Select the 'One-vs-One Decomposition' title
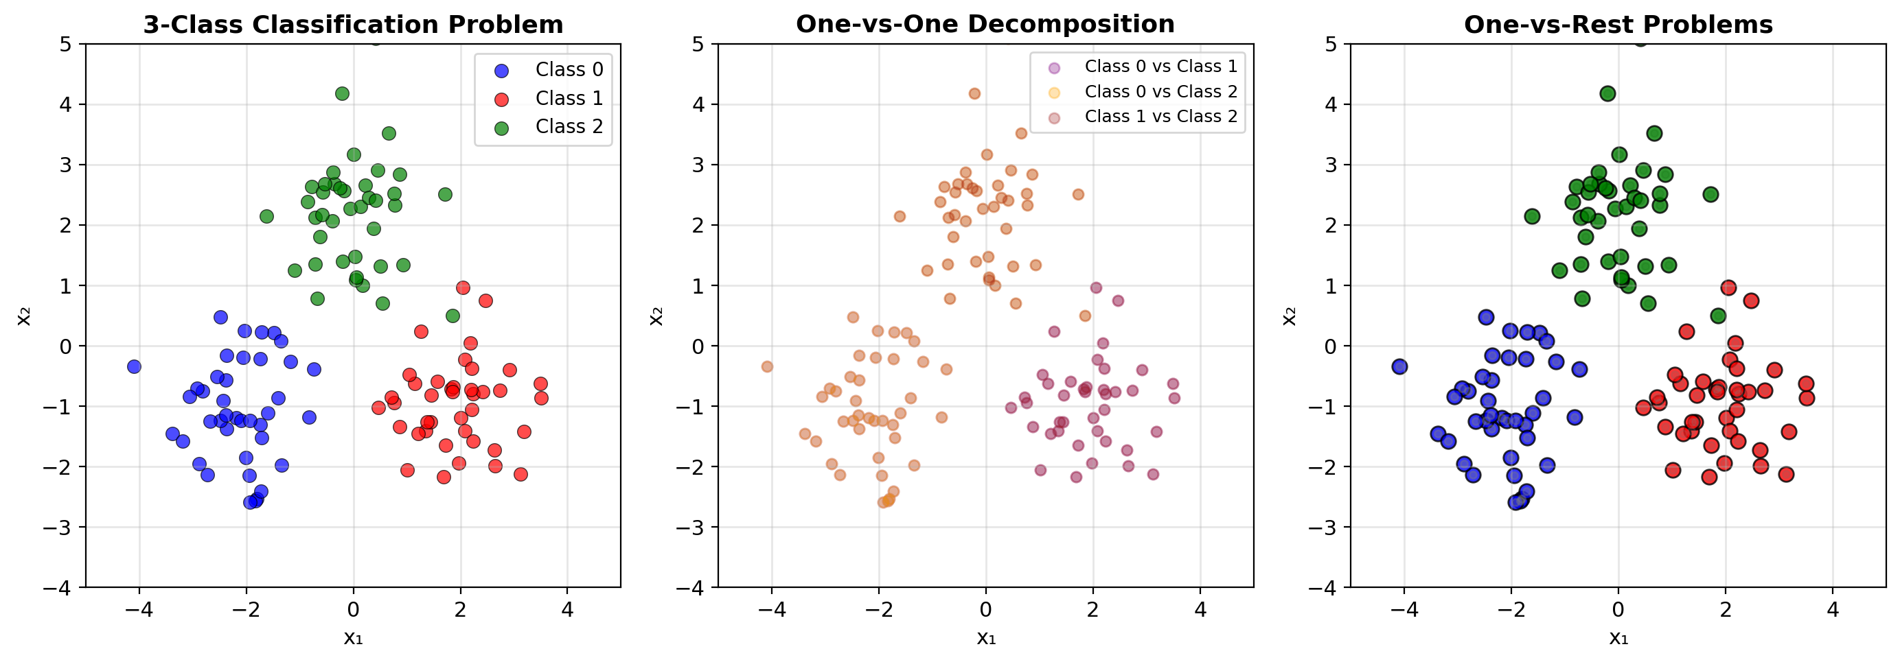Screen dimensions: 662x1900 coord(985,23)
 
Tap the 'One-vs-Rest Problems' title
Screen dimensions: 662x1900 coord(1618,24)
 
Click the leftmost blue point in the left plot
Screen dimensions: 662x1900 coord(133,366)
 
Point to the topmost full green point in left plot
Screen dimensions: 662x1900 coord(342,93)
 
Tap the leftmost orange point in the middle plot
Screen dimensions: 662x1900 coord(767,366)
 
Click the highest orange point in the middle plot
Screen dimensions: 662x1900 coord(974,93)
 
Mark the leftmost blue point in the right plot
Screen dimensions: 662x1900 coord(1399,366)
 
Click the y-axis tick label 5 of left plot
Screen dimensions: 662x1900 coord(67,44)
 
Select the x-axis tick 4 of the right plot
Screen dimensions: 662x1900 coord(1833,610)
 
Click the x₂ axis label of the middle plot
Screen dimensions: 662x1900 coord(656,316)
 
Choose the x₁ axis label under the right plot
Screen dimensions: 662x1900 coord(1618,638)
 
